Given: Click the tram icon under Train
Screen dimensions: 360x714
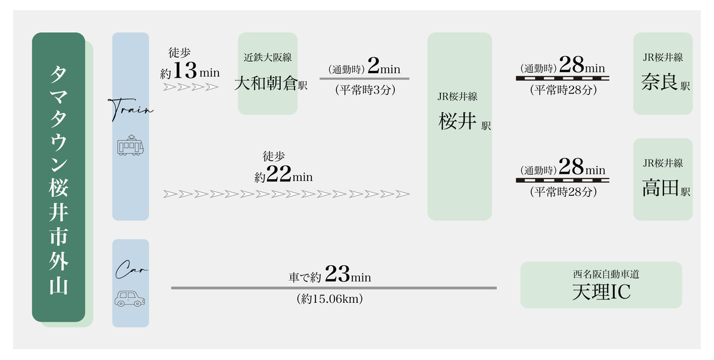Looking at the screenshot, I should click(130, 146).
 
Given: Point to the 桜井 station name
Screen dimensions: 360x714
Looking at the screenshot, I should click(457, 121).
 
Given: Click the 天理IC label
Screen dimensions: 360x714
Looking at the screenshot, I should click(601, 292).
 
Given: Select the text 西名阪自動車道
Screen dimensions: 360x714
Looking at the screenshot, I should click(601, 275).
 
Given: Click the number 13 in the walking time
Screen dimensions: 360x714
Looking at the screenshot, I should click(184, 71).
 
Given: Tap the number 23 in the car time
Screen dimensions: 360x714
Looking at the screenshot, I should click(337, 276).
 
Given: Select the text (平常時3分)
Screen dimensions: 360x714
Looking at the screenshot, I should click(365, 90).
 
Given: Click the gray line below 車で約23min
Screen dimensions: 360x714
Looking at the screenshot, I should click(334, 288).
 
